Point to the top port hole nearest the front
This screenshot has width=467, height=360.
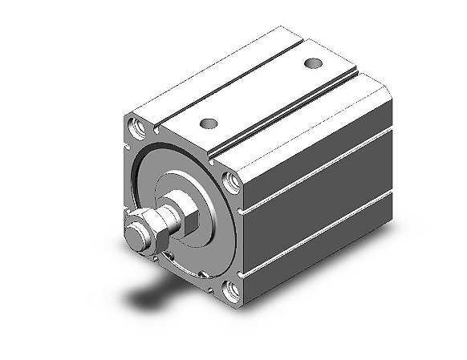(x=209, y=123)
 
